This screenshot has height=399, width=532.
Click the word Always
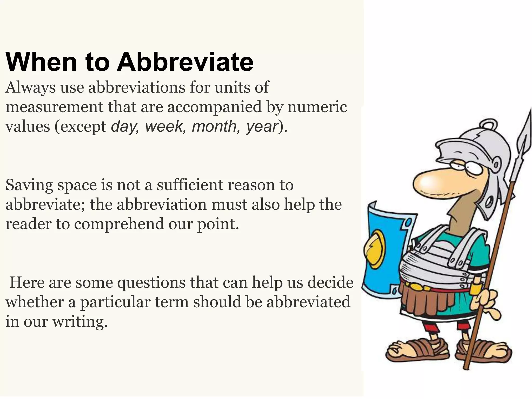click(30, 88)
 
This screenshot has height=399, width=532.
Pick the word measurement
click(54, 107)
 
